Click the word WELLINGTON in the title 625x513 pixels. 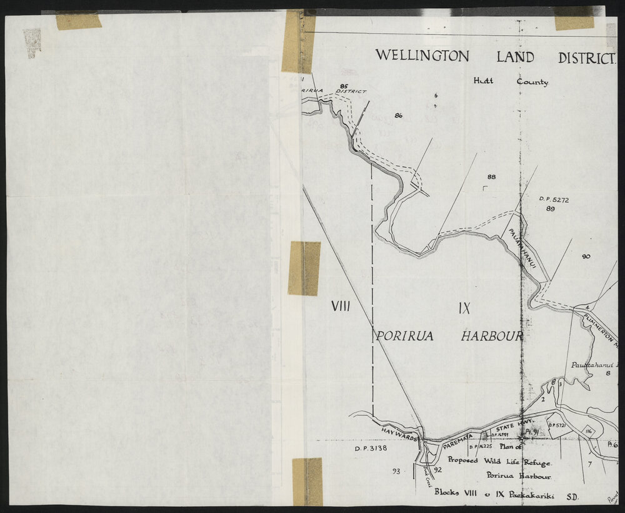(x=422, y=56)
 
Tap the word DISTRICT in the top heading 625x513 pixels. (x=586, y=59)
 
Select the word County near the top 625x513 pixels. (x=532, y=82)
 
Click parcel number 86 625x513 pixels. (x=399, y=115)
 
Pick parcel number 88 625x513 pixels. (x=491, y=177)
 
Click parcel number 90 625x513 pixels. (x=586, y=256)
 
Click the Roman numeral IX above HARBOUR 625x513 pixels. (x=463, y=308)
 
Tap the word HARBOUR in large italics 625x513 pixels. (x=491, y=336)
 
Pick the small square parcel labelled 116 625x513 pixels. (x=589, y=432)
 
